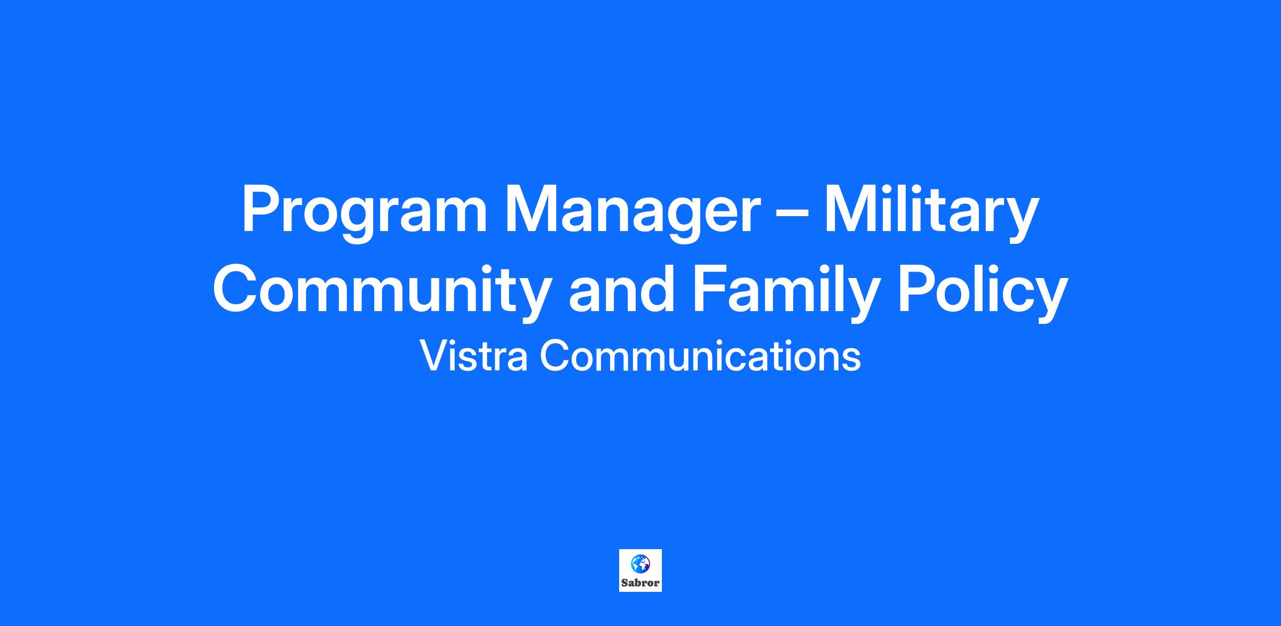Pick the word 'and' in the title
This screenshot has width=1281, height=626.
(x=622, y=288)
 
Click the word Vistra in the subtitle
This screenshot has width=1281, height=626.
(x=475, y=356)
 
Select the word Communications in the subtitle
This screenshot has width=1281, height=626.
(x=700, y=356)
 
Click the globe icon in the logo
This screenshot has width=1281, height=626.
(x=640, y=564)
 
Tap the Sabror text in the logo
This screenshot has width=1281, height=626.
(x=640, y=583)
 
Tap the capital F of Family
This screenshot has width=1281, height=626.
(x=712, y=288)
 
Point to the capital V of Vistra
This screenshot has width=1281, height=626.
(x=434, y=356)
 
